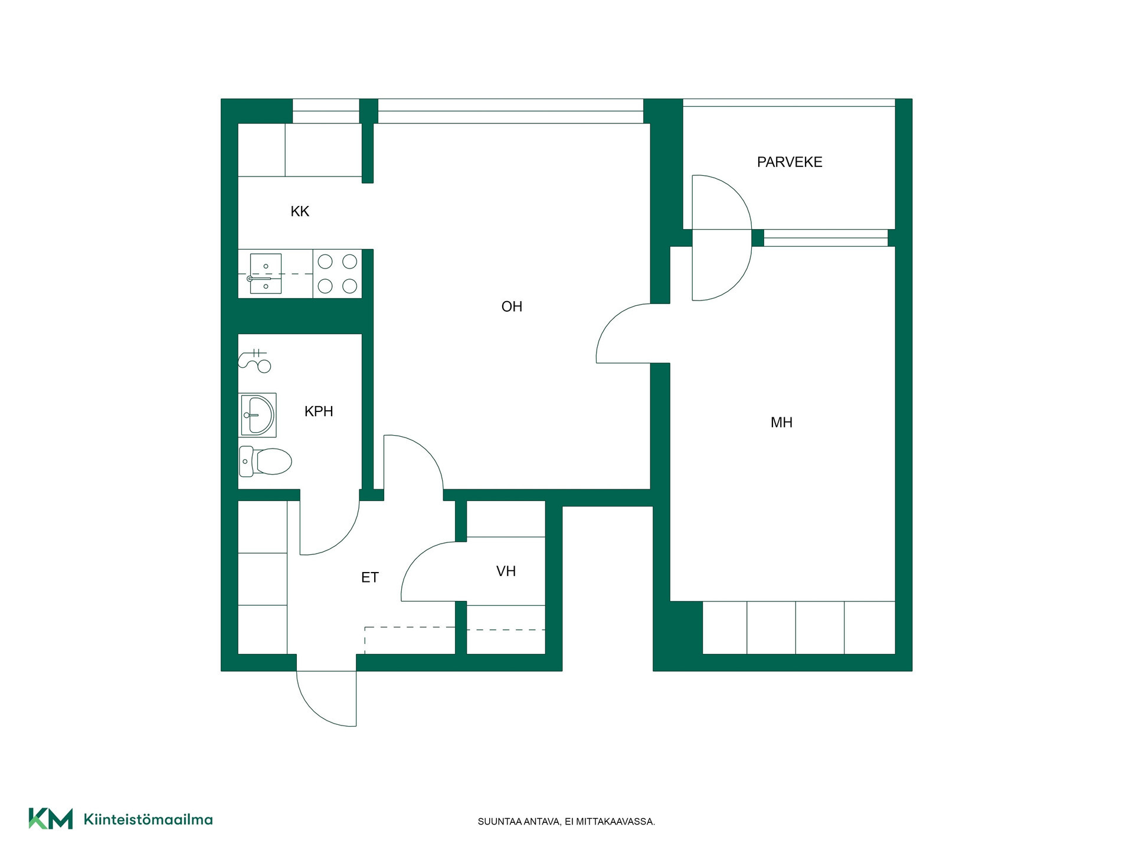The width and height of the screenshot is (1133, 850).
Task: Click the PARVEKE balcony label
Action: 790,162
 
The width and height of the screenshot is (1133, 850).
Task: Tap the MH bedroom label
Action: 781,422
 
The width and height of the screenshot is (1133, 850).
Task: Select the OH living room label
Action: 512,306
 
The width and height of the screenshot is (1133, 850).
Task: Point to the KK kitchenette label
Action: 300,211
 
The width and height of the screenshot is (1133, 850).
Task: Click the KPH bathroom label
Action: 319,411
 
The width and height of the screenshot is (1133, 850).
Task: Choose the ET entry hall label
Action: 370,577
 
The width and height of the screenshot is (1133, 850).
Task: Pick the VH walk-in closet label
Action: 506,571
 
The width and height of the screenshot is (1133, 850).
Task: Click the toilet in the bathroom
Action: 266,461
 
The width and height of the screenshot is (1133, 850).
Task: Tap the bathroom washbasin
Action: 257,415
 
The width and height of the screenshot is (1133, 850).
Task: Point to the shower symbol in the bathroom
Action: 254,359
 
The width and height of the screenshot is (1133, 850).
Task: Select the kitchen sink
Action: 266,273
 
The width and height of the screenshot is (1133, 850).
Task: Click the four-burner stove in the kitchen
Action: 338,273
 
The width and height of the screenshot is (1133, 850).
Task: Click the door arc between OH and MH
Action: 613,322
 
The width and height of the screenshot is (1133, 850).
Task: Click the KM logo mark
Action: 51,819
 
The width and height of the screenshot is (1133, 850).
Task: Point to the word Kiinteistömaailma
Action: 148,819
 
